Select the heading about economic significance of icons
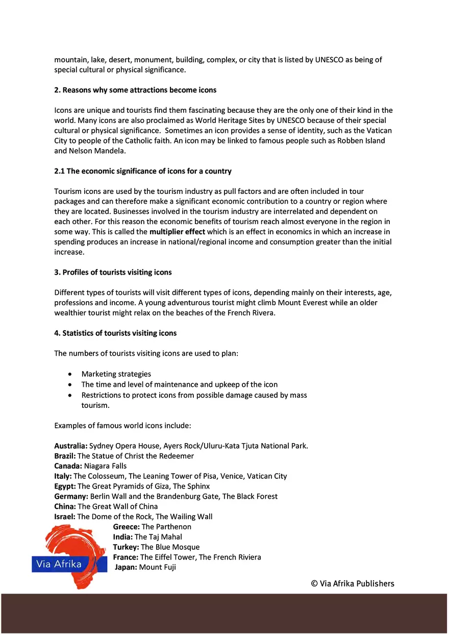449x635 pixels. point(143,171)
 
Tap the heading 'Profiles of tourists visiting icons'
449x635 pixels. point(113,272)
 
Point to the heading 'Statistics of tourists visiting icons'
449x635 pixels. point(115,333)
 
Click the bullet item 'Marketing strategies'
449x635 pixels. point(116,374)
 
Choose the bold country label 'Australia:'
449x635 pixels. point(71,446)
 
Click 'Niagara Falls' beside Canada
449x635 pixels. point(105,466)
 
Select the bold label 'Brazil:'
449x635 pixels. point(65,456)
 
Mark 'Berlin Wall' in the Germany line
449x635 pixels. point(109,496)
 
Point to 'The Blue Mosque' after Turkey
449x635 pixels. point(170,547)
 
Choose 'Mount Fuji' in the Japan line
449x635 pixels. point(157,567)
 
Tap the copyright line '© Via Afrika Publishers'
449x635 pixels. point(353,583)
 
